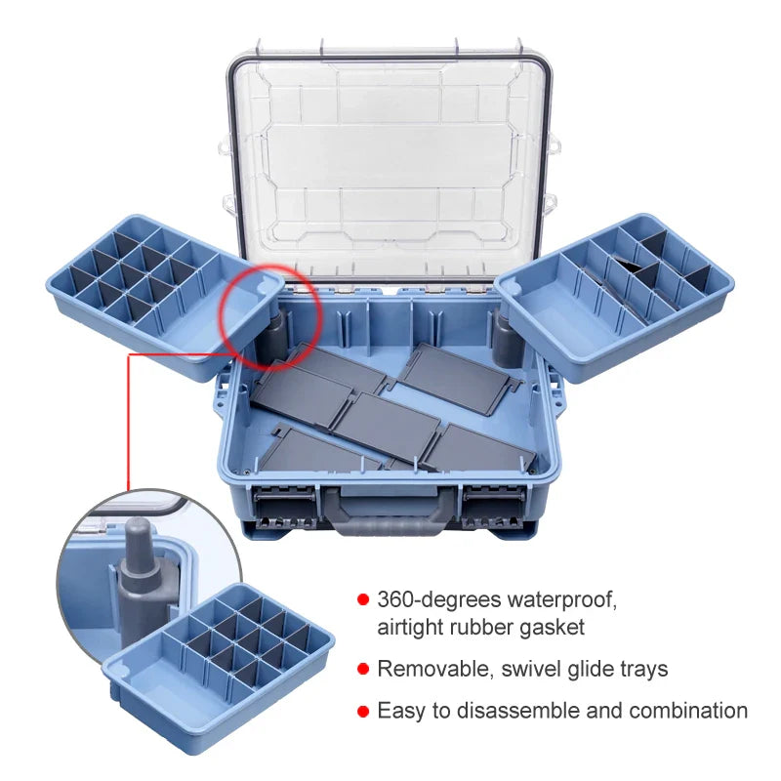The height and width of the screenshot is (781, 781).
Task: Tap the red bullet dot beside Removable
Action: click(x=363, y=669)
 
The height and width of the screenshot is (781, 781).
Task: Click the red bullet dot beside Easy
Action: click(x=363, y=711)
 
